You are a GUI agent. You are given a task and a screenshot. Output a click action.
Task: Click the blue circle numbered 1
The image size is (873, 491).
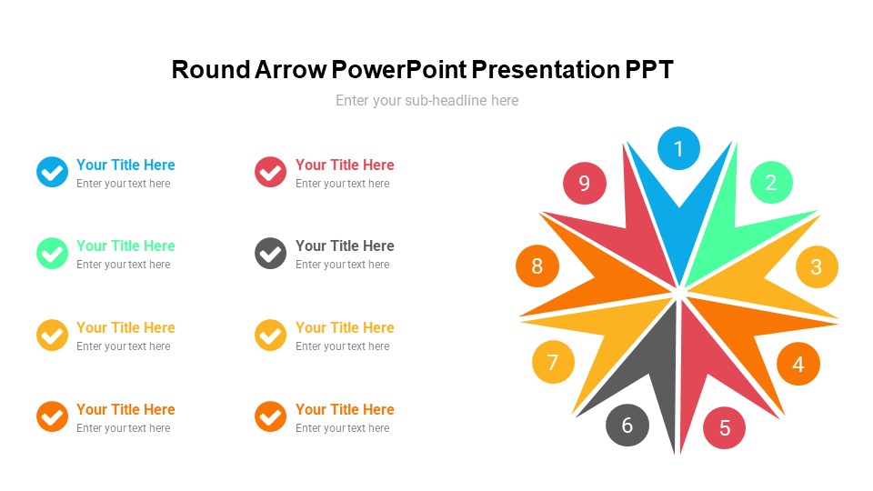[x=678, y=148]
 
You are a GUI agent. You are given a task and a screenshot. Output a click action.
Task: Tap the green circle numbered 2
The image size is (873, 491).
[x=771, y=183]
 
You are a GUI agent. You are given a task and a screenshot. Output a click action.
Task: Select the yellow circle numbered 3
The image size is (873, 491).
[x=817, y=266]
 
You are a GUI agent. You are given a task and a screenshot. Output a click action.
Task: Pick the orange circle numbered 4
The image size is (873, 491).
[x=798, y=364]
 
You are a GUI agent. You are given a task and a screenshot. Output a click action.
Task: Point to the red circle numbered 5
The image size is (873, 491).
[x=725, y=427]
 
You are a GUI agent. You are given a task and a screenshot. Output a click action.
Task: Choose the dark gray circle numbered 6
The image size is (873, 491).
[x=627, y=426]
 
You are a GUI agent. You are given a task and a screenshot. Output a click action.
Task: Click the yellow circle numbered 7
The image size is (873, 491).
[x=553, y=362]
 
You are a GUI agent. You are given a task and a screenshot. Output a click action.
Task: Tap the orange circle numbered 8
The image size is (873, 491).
[x=537, y=266]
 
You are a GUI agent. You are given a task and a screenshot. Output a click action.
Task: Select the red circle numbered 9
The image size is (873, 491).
[x=584, y=183]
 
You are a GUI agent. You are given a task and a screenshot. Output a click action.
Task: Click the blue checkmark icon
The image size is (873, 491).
[x=53, y=172]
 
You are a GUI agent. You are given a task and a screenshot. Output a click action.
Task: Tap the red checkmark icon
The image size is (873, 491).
[x=271, y=172]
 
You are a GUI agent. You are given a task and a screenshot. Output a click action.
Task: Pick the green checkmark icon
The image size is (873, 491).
[x=53, y=254]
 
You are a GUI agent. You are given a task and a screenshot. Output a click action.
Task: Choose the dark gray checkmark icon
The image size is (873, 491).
[x=271, y=254]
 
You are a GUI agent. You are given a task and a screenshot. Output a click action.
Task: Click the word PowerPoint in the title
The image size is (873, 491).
[x=399, y=70]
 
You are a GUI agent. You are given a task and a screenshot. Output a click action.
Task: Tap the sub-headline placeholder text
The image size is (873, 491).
[x=427, y=100]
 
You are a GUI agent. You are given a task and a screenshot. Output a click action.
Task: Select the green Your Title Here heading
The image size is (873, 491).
[x=125, y=245]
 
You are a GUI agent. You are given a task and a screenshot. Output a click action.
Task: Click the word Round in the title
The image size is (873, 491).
[x=211, y=70]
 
